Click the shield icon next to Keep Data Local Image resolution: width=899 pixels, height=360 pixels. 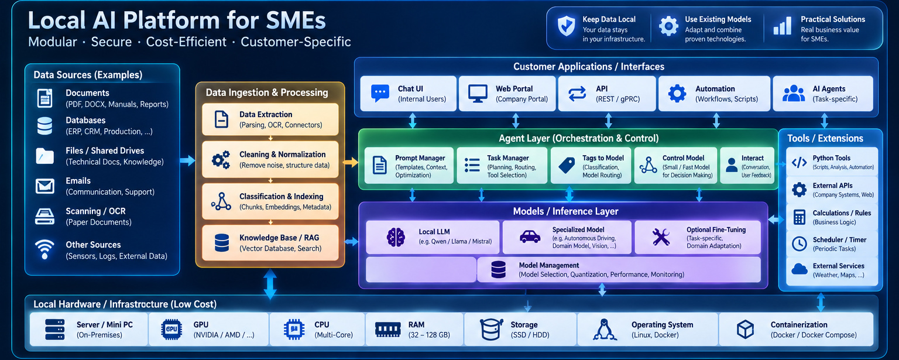pos(567,26)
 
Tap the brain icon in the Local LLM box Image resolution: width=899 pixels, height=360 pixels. pos(396,237)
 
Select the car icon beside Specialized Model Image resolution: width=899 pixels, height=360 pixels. pos(530,236)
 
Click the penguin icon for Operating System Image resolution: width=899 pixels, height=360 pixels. pos(605,330)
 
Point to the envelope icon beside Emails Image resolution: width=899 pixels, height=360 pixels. pos(44,186)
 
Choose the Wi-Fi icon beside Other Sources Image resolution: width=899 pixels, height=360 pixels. pos(44,249)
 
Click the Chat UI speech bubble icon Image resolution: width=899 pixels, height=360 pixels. pos(380,94)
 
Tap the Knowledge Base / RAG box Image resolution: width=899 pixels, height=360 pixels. pos(270,243)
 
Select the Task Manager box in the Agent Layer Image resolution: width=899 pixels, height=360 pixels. pos(502,166)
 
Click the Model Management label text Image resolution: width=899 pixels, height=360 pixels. pos(548,265)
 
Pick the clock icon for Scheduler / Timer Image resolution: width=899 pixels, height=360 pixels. pos(799,244)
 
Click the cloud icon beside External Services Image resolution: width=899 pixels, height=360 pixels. pos(799,269)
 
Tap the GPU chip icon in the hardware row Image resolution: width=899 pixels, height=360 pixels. pos(171,330)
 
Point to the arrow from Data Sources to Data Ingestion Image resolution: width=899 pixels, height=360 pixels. pos(187,160)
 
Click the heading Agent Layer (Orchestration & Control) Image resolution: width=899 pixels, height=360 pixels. pos(579,139)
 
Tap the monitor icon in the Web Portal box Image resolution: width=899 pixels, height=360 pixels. pos(478,94)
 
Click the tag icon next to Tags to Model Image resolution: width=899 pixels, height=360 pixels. pos(567,165)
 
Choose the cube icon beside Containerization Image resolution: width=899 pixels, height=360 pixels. pos(745,330)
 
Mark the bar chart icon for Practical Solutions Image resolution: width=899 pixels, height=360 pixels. pos(782,26)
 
